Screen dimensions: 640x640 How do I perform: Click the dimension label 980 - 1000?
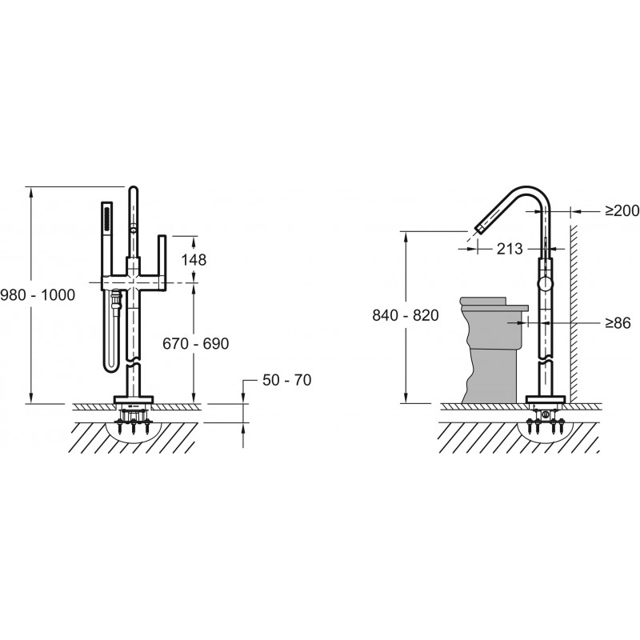point(38,294)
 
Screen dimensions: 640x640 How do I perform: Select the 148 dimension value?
point(194,259)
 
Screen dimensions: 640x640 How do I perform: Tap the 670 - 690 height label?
point(195,344)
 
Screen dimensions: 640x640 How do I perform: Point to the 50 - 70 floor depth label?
point(286,380)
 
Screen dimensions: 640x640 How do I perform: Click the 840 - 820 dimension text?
point(406,315)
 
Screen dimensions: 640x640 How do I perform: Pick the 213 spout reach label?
point(510,249)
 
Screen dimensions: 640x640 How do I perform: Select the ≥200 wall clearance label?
point(622,210)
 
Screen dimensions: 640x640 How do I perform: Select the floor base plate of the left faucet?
point(134,398)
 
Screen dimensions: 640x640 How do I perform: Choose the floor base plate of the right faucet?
point(546,398)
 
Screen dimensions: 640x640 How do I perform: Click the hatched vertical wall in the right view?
point(574,314)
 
